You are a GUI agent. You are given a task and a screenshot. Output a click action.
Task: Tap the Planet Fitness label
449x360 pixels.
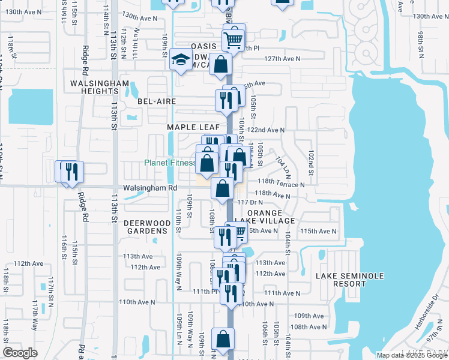pyautogui.click(x=169, y=163)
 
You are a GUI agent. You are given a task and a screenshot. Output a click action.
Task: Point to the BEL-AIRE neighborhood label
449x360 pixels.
pyautogui.click(x=157, y=101)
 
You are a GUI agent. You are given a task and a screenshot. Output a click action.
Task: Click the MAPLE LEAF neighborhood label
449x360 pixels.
pyautogui.click(x=189, y=127)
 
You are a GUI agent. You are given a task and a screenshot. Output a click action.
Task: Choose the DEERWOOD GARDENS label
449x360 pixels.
pyautogui.click(x=145, y=226)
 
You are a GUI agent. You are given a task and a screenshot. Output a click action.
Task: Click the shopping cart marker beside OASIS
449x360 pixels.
pyautogui.click(x=234, y=40)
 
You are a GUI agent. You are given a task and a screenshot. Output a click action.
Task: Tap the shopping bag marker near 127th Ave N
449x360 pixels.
pyautogui.click(x=221, y=64)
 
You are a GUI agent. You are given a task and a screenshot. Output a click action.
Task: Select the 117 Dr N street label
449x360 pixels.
pyautogui.click(x=250, y=203)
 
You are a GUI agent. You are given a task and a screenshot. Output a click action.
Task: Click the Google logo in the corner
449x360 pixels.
pyautogui.click(x=20, y=353)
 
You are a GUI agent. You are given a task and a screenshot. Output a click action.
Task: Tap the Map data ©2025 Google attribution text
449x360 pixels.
pyautogui.click(x=412, y=355)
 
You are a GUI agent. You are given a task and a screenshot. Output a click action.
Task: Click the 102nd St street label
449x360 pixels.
pyautogui.click(x=310, y=160)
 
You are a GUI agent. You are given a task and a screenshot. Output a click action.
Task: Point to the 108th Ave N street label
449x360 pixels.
pyautogui.click(x=307, y=327)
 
